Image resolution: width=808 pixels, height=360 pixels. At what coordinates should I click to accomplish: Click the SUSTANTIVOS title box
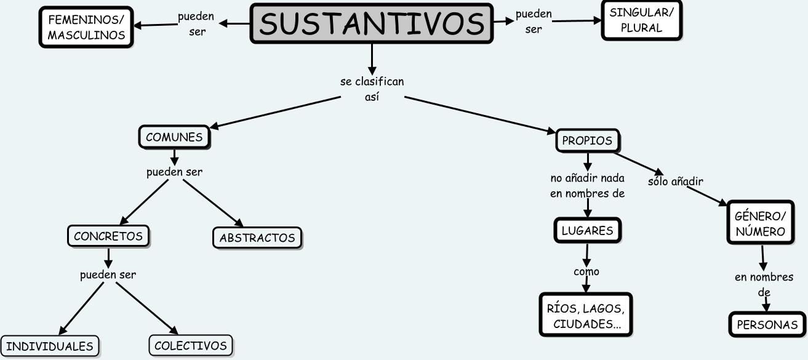pyautogui.click(x=372, y=23)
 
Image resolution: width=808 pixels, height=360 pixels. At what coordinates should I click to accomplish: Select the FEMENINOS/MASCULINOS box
pyautogui.click(x=86, y=28)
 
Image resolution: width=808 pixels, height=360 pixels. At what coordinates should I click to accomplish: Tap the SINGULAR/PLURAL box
pyautogui.click(x=641, y=20)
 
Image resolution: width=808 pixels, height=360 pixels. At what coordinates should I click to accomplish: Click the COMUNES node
pyautogui.click(x=174, y=137)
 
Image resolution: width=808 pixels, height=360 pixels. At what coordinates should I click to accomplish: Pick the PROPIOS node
pyautogui.click(x=587, y=141)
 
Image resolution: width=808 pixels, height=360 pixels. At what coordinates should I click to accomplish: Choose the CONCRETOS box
pyautogui.click(x=108, y=236)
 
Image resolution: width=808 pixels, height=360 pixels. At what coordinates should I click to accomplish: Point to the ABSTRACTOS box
pyautogui.click(x=257, y=238)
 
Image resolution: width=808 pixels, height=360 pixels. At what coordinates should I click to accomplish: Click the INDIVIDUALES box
pyautogui.click(x=50, y=346)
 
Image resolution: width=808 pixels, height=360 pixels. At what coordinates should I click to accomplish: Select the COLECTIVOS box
pyautogui.click(x=191, y=346)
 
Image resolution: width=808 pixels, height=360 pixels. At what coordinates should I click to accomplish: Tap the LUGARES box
pyautogui.click(x=587, y=231)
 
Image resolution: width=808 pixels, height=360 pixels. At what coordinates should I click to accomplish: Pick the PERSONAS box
pyautogui.click(x=767, y=325)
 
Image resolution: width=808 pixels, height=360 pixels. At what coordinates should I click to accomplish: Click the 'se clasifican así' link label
pyautogui.click(x=372, y=89)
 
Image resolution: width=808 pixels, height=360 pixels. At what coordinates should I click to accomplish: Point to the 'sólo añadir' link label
pyautogui.click(x=675, y=182)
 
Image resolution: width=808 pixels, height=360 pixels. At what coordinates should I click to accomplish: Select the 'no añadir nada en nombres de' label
pyautogui.click(x=587, y=186)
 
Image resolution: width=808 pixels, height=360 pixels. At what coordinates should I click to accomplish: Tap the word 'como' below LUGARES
pyautogui.click(x=586, y=271)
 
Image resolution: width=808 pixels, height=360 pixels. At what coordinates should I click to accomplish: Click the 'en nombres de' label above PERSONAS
pyautogui.click(x=764, y=284)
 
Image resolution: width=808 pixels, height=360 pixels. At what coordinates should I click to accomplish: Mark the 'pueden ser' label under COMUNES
pyautogui.click(x=174, y=172)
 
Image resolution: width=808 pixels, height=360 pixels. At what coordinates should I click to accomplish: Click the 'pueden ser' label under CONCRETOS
pyautogui.click(x=108, y=274)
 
